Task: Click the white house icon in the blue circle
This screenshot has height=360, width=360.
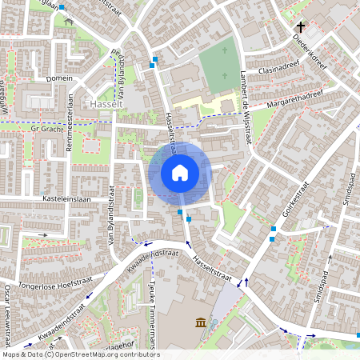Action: point(180,172)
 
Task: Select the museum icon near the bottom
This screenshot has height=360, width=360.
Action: point(200,322)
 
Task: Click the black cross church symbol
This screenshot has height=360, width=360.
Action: point(301,26)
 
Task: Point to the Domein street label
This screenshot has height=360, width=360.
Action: point(60,78)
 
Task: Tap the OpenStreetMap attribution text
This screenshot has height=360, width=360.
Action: point(80,354)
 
